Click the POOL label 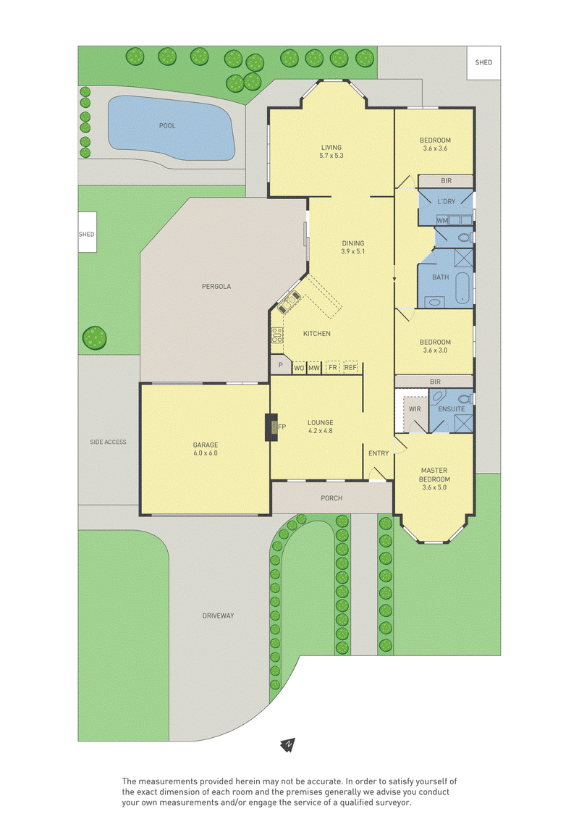click(167, 126)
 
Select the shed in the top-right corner click(483, 63)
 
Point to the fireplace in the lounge click(271, 427)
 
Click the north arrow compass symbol click(287, 744)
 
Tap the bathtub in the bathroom click(462, 287)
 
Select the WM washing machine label click(442, 220)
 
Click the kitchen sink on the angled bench click(289, 303)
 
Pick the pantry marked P click(280, 364)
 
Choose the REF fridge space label click(350, 368)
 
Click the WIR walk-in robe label click(415, 409)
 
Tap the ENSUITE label click(451, 409)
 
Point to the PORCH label click(331, 498)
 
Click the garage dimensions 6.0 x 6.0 click(206, 453)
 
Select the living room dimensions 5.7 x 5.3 click(331, 156)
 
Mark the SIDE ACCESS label click(108, 442)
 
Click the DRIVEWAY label click(219, 616)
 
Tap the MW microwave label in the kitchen click(314, 369)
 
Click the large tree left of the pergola click(95, 338)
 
